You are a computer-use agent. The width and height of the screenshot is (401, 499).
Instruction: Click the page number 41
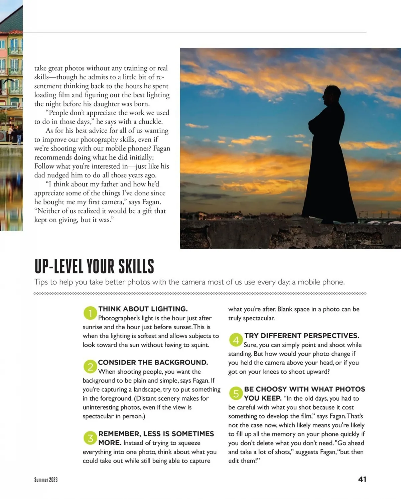click(362, 479)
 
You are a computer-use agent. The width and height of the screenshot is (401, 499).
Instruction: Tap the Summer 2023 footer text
click(46, 480)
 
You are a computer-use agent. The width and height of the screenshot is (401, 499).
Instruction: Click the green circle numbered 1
click(90, 313)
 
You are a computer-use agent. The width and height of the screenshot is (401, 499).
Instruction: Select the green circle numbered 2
click(90, 367)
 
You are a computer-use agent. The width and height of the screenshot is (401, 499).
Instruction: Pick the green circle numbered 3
click(90, 438)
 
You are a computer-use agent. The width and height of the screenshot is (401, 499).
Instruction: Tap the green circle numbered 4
click(236, 340)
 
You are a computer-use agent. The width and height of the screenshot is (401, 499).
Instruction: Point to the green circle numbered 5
click(236, 394)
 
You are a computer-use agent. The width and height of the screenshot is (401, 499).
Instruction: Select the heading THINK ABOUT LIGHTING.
click(143, 309)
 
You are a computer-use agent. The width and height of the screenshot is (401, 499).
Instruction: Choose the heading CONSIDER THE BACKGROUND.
click(153, 362)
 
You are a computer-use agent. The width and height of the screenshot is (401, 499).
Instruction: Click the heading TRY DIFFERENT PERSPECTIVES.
click(302, 336)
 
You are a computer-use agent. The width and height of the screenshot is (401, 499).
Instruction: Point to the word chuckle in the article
click(150, 121)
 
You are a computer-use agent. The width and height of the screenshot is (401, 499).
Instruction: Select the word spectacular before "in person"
click(98, 416)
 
